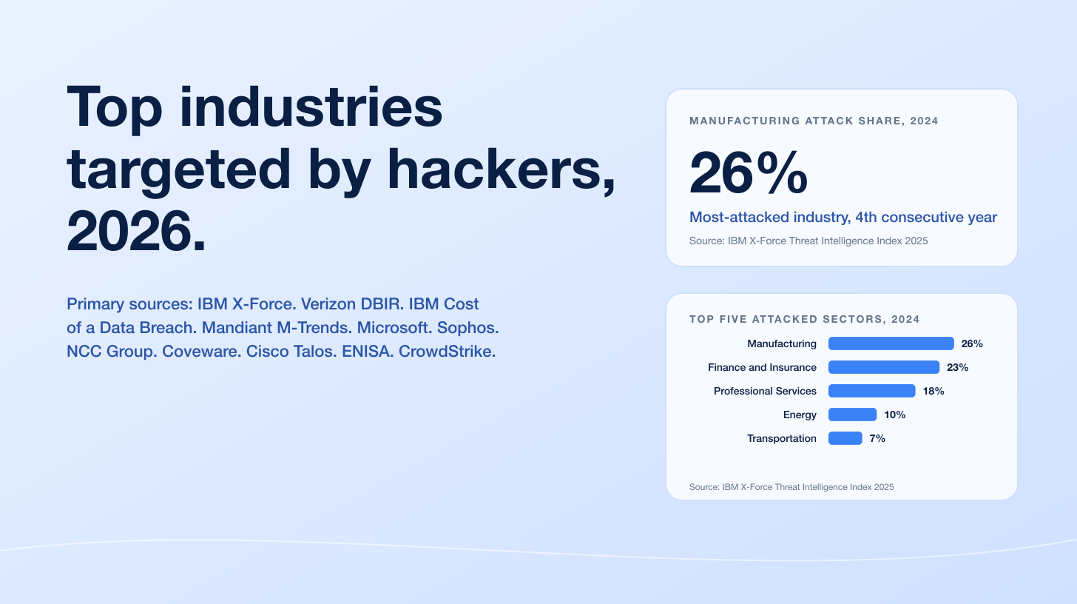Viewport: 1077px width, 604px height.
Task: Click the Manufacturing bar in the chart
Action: pyautogui.click(x=891, y=343)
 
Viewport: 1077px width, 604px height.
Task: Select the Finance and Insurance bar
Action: pyautogui.click(x=883, y=367)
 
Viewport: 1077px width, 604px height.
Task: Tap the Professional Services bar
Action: pyautogui.click(x=871, y=391)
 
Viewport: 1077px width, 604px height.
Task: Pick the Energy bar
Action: pyautogui.click(x=852, y=415)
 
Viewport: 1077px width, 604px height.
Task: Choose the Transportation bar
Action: pyautogui.click(x=845, y=438)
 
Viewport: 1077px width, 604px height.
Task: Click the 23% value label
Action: pyautogui.click(x=957, y=367)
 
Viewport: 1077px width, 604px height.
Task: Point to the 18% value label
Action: pyautogui.click(x=933, y=391)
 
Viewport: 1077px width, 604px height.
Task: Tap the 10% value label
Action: pyautogui.click(x=895, y=415)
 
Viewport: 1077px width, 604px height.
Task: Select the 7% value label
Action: pyautogui.click(x=877, y=438)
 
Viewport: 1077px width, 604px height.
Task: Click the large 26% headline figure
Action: pyautogui.click(x=748, y=173)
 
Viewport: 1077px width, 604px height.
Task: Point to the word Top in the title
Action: pyautogui.click(x=115, y=107)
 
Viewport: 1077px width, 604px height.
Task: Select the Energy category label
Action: pyautogui.click(x=800, y=415)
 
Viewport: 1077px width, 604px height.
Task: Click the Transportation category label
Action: pyautogui.click(x=781, y=438)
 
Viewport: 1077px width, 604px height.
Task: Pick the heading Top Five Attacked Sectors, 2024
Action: pyautogui.click(x=804, y=319)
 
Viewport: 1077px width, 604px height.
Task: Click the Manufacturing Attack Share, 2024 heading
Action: pyautogui.click(x=814, y=121)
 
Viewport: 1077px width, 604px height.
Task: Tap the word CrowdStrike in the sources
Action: pyautogui.click(x=447, y=352)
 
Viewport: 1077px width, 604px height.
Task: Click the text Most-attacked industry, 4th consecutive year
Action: pyautogui.click(x=843, y=218)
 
